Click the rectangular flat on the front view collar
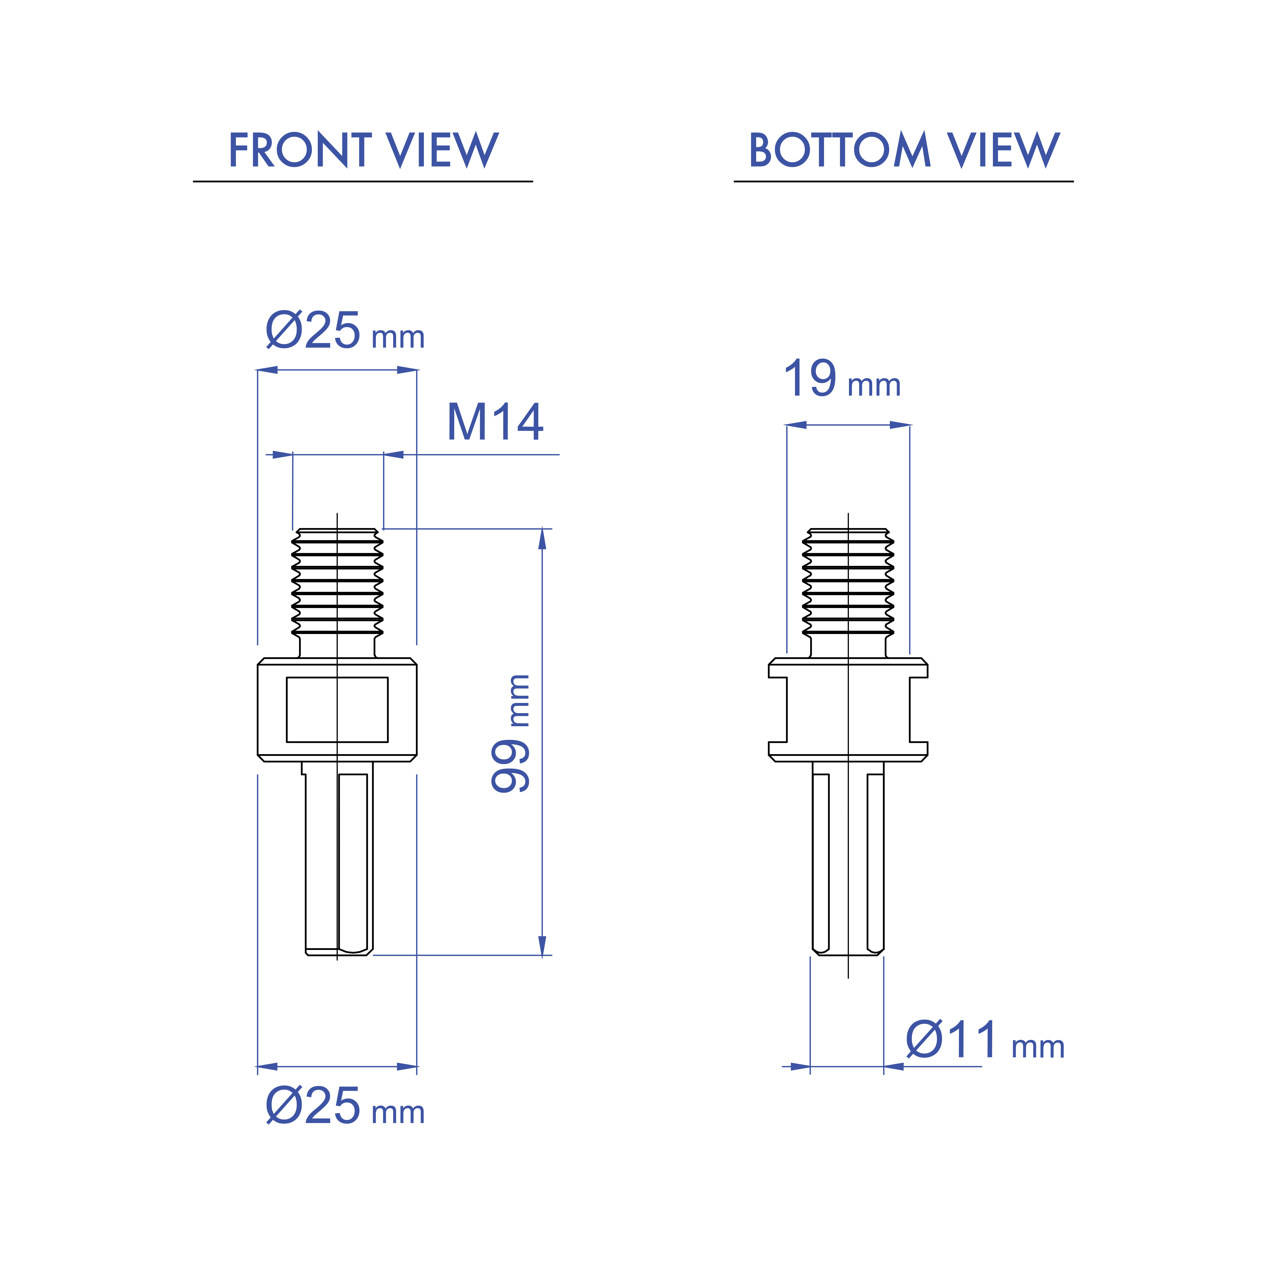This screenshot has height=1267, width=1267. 337,710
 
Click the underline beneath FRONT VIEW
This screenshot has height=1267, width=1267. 363,181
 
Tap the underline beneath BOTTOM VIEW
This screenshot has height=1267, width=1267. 904,181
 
